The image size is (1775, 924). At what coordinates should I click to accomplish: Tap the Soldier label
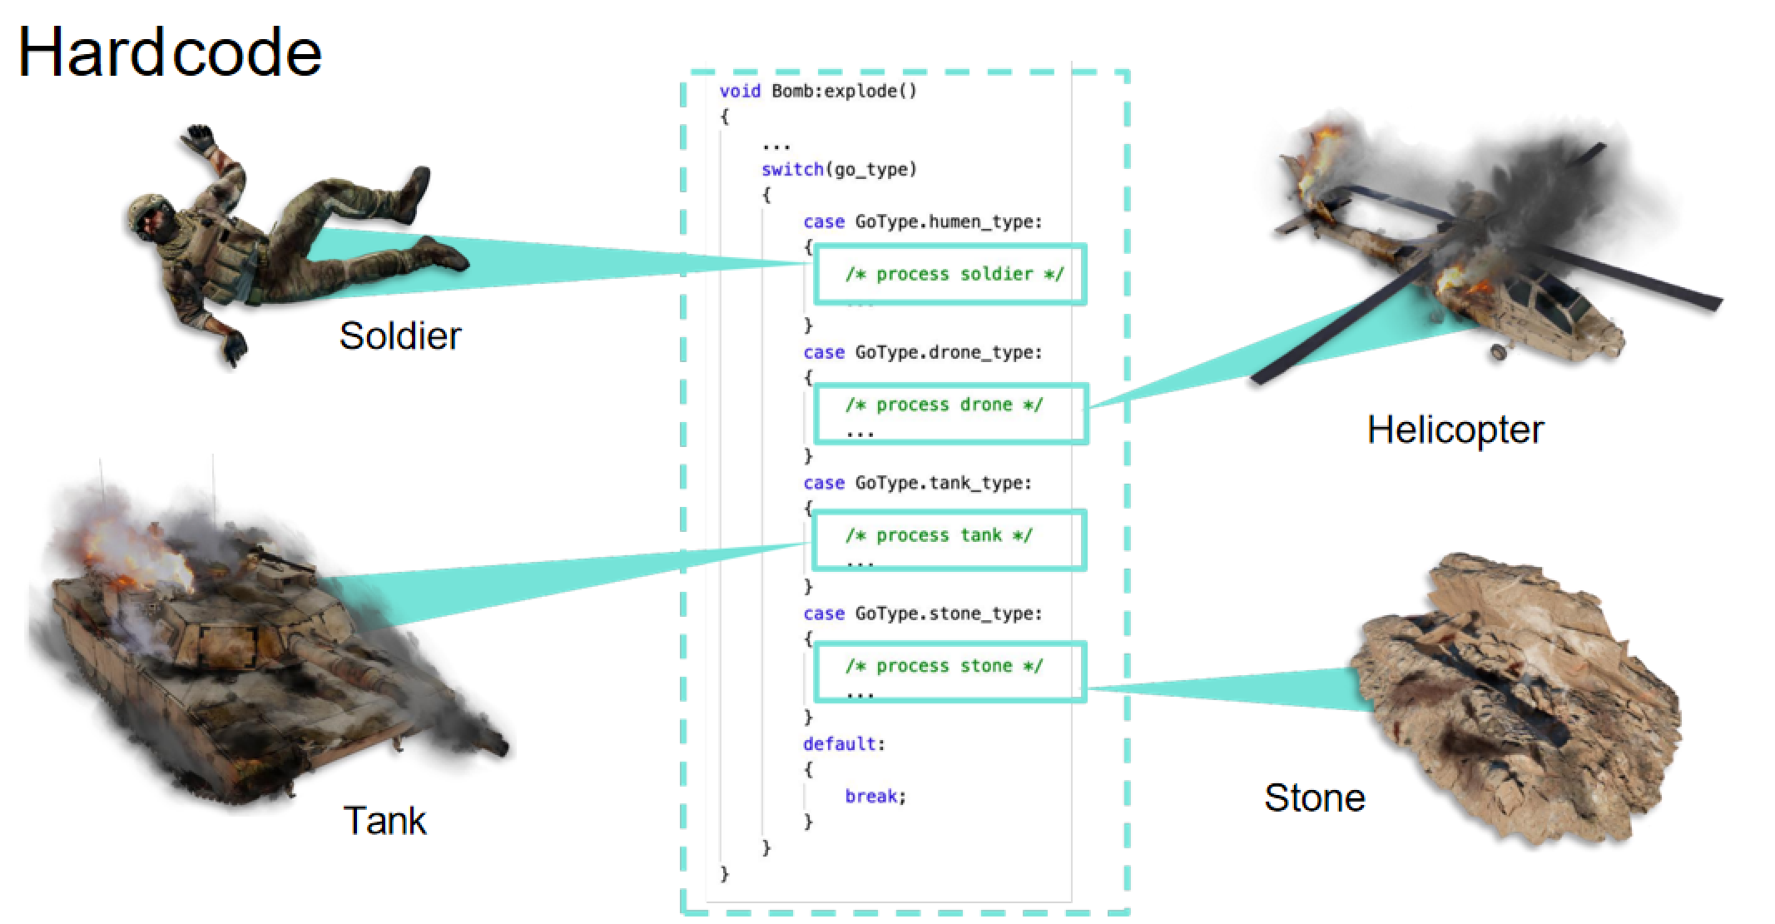399,335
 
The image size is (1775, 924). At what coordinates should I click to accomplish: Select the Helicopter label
1455,430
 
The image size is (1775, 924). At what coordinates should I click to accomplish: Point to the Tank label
384,821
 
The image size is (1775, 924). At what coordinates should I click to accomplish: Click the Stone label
1314,797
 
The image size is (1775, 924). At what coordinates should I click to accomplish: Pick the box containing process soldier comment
949,274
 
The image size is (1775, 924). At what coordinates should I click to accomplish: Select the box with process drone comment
950,413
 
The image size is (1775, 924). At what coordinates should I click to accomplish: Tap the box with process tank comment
949,540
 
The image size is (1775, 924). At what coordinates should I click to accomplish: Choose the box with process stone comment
949,671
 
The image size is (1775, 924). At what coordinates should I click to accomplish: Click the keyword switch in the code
791,170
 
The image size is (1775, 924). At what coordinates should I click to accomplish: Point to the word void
739,91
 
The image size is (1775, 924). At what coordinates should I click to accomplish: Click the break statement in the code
875,797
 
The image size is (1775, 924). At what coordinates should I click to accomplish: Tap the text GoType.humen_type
947,222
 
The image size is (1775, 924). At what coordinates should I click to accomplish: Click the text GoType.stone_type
947,614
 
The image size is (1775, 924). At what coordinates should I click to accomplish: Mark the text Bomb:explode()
844,91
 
